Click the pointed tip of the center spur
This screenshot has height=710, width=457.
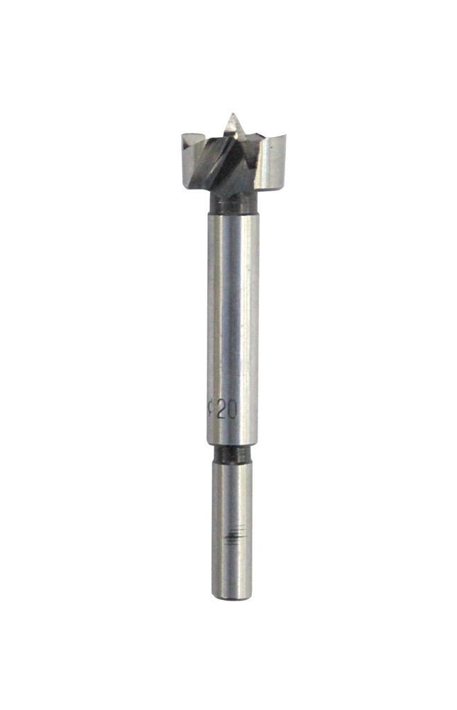click(232, 115)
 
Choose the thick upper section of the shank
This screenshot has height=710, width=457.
click(233, 319)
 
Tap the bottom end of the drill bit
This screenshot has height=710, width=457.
click(232, 601)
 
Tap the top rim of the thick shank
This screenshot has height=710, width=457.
click(233, 213)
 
